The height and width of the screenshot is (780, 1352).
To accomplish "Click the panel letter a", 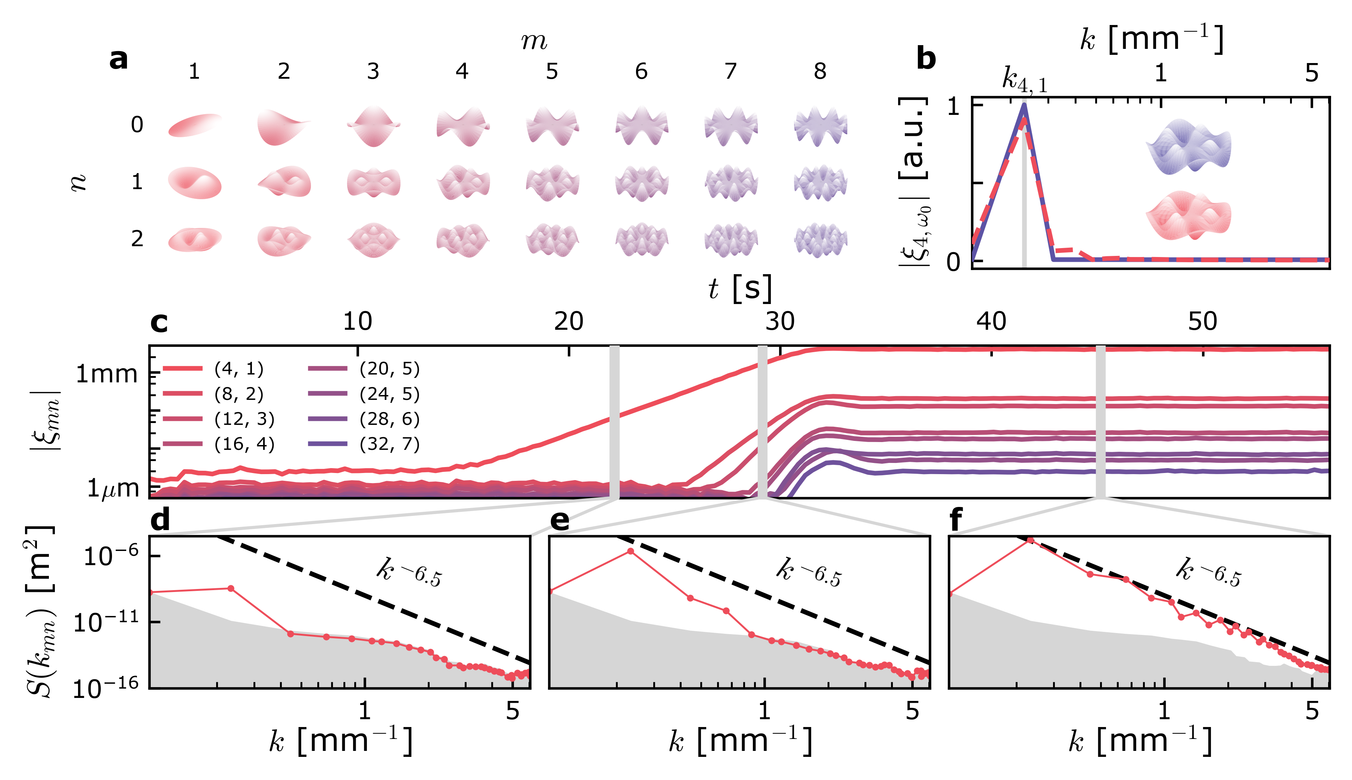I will (x=118, y=59).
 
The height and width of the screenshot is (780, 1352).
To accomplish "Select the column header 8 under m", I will (x=820, y=71).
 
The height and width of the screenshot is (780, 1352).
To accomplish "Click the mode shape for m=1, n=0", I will (x=194, y=125).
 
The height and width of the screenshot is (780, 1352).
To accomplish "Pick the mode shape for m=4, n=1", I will (x=462, y=182).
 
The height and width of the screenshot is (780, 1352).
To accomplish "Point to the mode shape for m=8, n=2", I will (x=820, y=239).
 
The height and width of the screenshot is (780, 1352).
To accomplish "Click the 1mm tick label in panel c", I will (x=107, y=374).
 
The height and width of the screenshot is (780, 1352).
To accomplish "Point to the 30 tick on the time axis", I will (x=779, y=322).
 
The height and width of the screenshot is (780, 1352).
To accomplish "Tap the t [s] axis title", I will (x=740, y=288).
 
